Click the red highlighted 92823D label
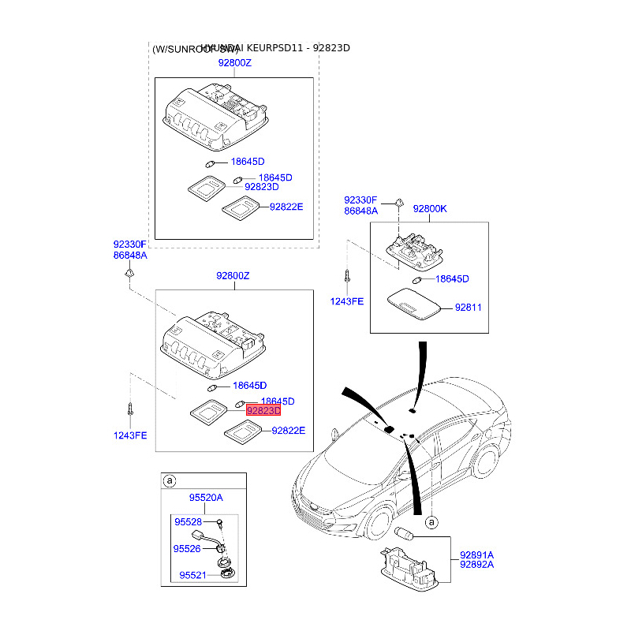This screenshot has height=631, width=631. (263, 411)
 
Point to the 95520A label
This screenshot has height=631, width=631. (205, 498)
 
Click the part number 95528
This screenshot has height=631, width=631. (189, 522)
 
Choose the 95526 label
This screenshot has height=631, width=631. (188, 548)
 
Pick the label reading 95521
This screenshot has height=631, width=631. (192, 575)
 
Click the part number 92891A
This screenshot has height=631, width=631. (476, 554)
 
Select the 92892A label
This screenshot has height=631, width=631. (476, 565)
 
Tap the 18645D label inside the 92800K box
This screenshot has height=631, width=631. (452, 279)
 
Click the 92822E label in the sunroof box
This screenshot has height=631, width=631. (286, 207)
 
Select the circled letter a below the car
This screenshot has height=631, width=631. (431, 523)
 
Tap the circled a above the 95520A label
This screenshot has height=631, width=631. (168, 480)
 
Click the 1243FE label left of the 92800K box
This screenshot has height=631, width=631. (346, 301)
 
